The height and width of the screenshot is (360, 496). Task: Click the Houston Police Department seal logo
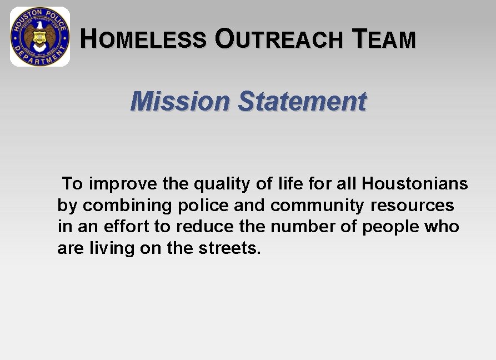40,37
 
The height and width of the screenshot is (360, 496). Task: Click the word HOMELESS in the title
143,39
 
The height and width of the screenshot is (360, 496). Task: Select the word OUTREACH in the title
279,39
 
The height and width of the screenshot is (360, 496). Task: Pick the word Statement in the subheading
302,102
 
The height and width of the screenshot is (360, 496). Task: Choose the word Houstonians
415,183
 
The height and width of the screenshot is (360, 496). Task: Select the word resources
412,205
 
